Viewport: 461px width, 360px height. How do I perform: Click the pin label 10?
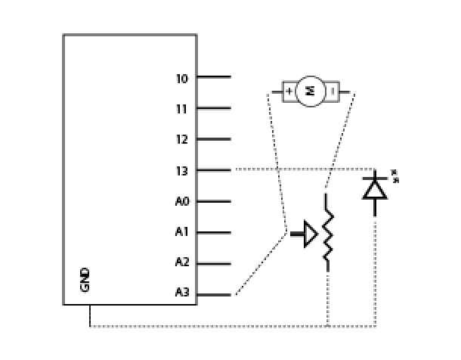click(x=181, y=78)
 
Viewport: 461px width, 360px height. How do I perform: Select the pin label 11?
click(x=181, y=109)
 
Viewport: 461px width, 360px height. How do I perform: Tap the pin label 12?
click(x=181, y=140)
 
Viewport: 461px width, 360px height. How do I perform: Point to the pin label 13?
click(x=181, y=171)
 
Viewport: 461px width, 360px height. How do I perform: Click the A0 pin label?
click(x=181, y=202)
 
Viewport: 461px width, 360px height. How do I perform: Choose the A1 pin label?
click(x=181, y=233)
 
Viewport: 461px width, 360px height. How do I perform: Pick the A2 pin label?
click(x=181, y=263)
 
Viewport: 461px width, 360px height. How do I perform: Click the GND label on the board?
click(x=85, y=279)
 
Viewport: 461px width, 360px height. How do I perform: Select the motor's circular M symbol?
click(x=309, y=92)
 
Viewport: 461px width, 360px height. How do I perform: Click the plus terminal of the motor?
click(x=289, y=92)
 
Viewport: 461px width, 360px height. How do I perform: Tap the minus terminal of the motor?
click(x=332, y=92)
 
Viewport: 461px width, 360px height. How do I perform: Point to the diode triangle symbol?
click(x=375, y=188)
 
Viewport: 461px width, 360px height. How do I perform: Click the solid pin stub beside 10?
click(x=214, y=77)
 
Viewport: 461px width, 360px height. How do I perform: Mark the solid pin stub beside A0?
click(x=214, y=202)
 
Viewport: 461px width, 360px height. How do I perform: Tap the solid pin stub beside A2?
click(x=214, y=264)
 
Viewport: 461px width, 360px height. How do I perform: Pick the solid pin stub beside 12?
click(x=214, y=140)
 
